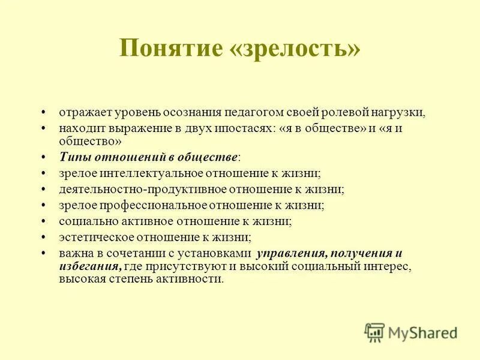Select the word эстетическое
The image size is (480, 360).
[x=91, y=237]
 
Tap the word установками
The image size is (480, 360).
[x=217, y=253]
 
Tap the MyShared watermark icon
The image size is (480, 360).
[x=374, y=331]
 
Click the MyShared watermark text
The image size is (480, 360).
[x=424, y=332]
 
